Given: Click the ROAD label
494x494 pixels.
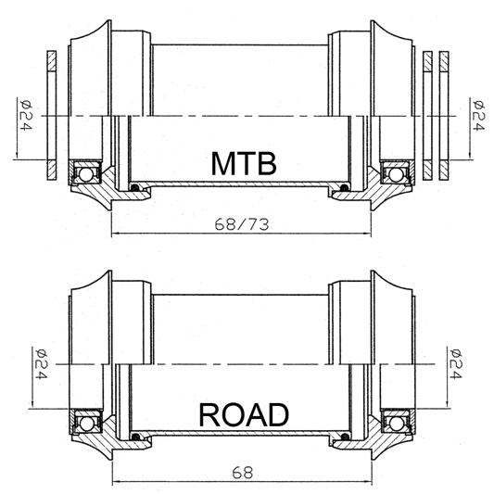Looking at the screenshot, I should click(243, 415).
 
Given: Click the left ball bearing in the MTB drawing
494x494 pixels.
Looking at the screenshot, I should click(86, 171).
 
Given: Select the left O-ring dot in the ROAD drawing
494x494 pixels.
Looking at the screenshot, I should click(134, 438).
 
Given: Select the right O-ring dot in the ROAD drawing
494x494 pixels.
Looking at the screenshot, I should click(346, 438).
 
